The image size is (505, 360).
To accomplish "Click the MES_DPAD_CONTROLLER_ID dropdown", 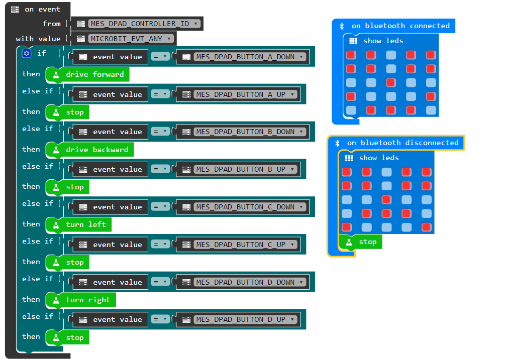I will pyautogui.click(x=145, y=24).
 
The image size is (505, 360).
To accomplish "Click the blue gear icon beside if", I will pyautogui.click(x=27, y=53).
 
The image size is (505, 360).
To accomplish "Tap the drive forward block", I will pyautogui.click(x=94, y=75).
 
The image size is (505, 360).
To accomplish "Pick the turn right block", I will pyautogui.click(x=87, y=300).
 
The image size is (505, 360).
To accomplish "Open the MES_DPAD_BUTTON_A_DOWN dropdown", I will pyautogui.click(x=250, y=57).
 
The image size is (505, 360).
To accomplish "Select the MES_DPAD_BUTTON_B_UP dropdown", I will pyautogui.click(x=245, y=169).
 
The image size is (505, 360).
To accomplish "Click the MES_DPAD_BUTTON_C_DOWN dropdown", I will pyautogui.click(x=250, y=207).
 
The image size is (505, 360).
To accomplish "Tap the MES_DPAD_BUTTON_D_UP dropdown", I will pyautogui.click(x=245, y=319).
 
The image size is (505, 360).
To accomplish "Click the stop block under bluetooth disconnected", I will pyautogui.click(x=367, y=242).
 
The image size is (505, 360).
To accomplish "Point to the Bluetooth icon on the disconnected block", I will pyautogui.click(x=338, y=143).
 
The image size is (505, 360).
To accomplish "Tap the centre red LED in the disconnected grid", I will pyautogui.click(x=386, y=199).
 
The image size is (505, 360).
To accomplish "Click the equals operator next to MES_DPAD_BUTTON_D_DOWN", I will pyautogui.click(x=161, y=282).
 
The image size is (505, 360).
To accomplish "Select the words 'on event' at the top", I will pyautogui.click(x=42, y=9).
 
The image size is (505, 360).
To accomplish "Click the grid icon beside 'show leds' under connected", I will pyautogui.click(x=353, y=41).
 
